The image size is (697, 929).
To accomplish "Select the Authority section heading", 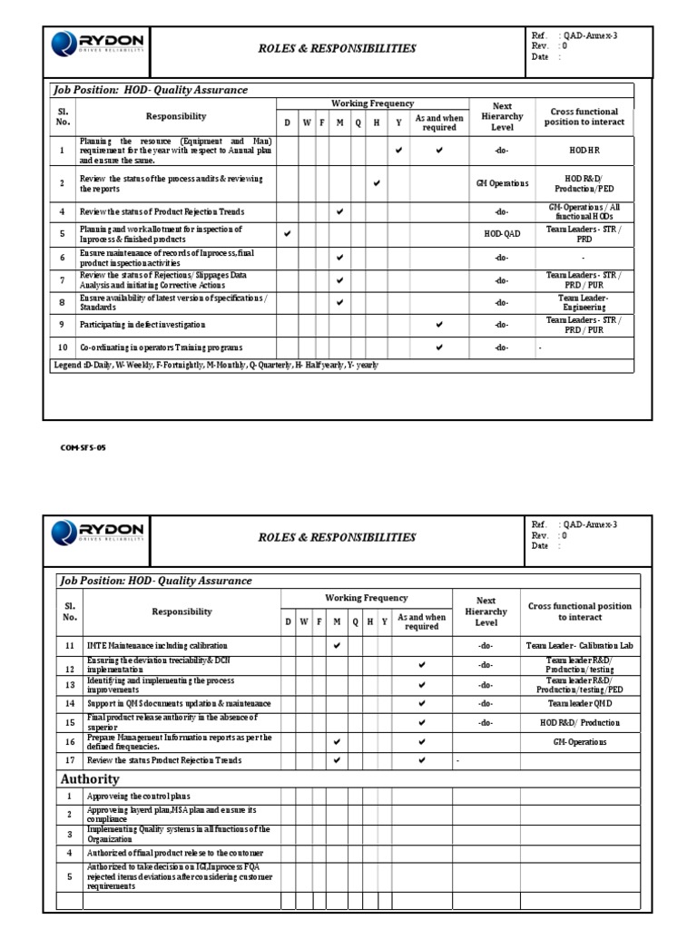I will click(x=90, y=779).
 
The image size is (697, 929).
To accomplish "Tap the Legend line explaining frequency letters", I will click(x=215, y=365).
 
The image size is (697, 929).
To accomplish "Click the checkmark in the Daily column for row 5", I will click(x=288, y=233).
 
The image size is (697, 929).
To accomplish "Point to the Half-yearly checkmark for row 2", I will click(x=377, y=183).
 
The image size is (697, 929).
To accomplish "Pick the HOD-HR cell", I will click(x=584, y=150).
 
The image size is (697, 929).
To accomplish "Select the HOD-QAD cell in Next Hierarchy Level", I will click(x=502, y=234).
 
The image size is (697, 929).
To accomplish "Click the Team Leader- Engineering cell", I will click(x=584, y=302).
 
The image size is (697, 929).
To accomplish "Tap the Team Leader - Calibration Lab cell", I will click(x=579, y=646).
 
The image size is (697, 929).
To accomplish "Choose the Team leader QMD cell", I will click(x=579, y=703).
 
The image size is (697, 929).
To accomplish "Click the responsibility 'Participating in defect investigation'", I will click(x=142, y=325).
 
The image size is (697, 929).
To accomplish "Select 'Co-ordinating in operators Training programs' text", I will click(x=161, y=348).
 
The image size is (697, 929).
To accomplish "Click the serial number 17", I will click(x=70, y=760).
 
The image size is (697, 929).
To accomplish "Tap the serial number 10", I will click(x=62, y=348).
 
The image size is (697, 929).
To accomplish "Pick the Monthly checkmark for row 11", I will click(x=337, y=646).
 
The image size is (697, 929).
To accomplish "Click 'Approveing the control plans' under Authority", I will click(x=139, y=796).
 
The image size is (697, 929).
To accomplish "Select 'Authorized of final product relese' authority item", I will click(x=175, y=853).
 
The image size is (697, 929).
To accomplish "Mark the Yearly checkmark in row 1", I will click(x=398, y=150).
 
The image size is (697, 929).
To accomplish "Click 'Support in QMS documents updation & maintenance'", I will click(x=179, y=703).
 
